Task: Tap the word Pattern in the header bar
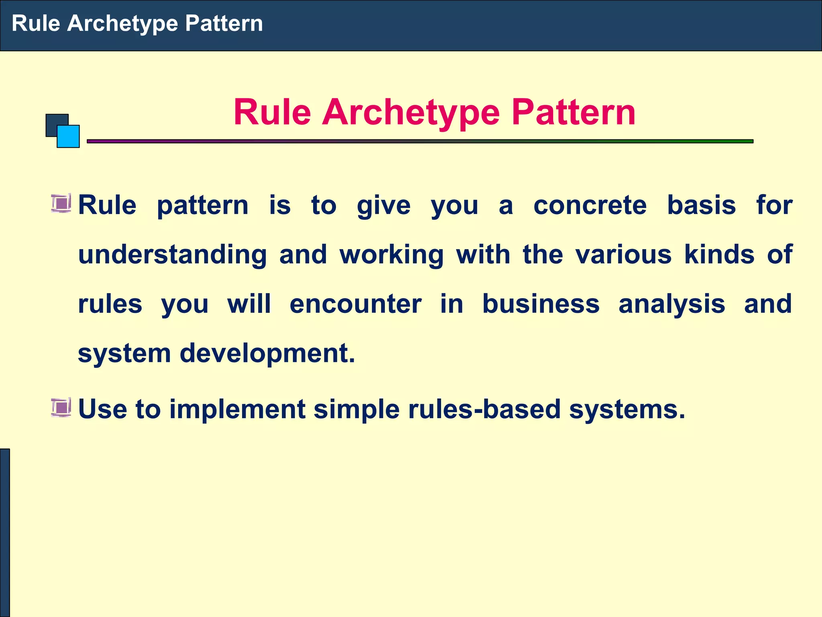click(x=224, y=23)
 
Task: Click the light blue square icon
click(x=69, y=137)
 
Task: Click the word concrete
click(x=590, y=205)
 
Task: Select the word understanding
click(x=172, y=255)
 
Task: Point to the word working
click(x=391, y=255)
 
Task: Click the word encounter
click(x=355, y=304)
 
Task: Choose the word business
click(x=540, y=304)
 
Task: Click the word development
click(x=267, y=354)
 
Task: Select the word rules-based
click(x=484, y=409)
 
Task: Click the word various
click(x=623, y=255)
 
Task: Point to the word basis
click(x=701, y=205)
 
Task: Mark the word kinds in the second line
click(x=719, y=255)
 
